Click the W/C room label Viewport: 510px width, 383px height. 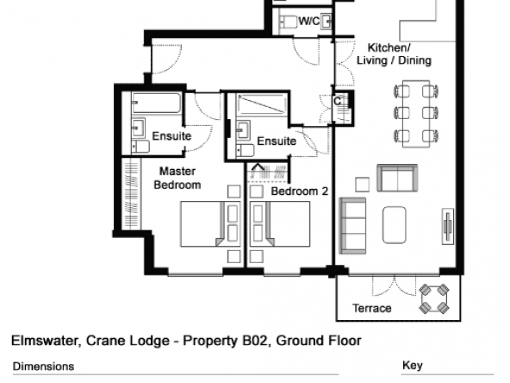(x=309, y=22)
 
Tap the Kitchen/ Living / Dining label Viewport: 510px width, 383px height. (x=394, y=54)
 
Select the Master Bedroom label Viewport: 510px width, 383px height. (x=177, y=179)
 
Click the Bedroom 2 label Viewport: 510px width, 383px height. (x=300, y=191)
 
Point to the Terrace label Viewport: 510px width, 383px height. (x=372, y=308)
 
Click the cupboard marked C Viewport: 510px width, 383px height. (x=342, y=108)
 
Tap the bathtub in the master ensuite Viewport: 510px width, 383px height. (x=157, y=104)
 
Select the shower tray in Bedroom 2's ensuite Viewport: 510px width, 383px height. (x=262, y=105)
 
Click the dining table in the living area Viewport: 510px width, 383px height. (x=416, y=114)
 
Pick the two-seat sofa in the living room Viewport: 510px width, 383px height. (x=397, y=179)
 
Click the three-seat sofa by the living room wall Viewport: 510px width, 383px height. (x=352, y=225)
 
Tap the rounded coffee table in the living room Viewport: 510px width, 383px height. (x=395, y=225)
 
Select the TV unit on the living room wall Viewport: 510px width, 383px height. (x=448, y=226)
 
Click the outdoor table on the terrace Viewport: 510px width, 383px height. (x=434, y=298)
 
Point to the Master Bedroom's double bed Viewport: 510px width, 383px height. (x=210, y=223)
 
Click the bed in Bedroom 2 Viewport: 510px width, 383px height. (x=280, y=223)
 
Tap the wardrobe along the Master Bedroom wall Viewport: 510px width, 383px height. (x=132, y=193)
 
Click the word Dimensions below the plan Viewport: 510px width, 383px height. (x=43, y=367)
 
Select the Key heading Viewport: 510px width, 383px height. (x=413, y=366)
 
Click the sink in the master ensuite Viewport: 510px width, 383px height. (x=138, y=128)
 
